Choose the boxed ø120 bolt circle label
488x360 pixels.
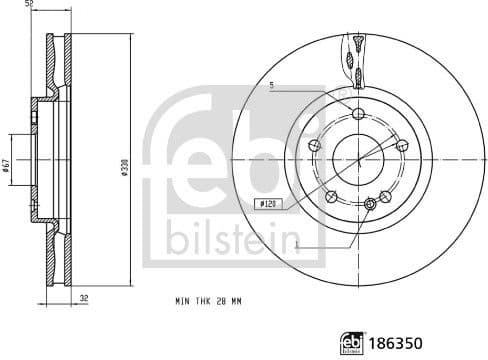click(268, 204)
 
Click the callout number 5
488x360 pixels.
click(271, 85)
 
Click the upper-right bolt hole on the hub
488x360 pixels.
click(403, 146)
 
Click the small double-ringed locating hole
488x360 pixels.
click(372, 205)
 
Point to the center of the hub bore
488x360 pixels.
click(358, 158)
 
